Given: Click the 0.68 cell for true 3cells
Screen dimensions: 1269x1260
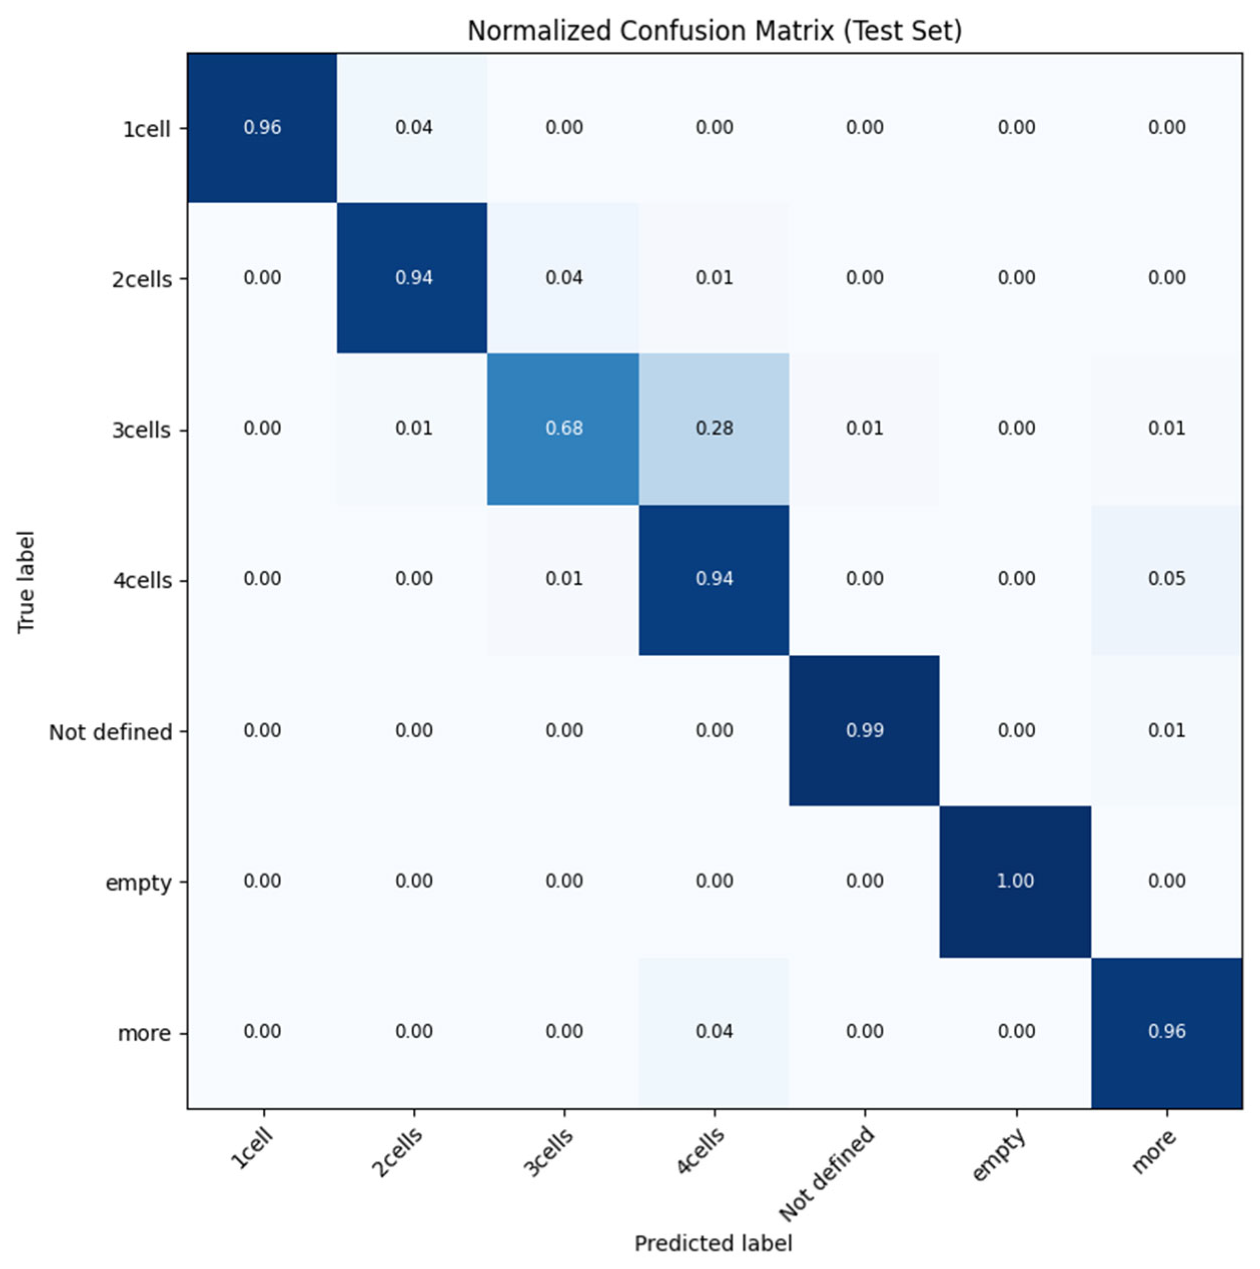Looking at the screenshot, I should pyautogui.click(x=564, y=428).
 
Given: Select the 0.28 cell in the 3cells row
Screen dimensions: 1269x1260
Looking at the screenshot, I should pyautogui.click(x=714, y=428).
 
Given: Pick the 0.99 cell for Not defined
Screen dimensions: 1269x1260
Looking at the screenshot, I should pyautogui.click(x=865, y=730).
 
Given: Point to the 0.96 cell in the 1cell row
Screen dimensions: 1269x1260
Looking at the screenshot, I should pyautogui.click(x=262, y=128).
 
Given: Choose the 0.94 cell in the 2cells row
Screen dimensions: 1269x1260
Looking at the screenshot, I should pyautogui.click(x=413, y=278).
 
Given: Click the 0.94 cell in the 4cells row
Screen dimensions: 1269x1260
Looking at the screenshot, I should pyautogui.click(x=714, y=579).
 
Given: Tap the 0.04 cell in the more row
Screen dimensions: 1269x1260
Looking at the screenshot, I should pyautogui.click(x=714, y=1031).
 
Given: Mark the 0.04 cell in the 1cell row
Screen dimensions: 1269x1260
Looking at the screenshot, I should pyautogui.click(x=413, y=128).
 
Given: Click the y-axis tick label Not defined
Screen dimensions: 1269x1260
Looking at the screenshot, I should pyautogui.click(x=110, y=732).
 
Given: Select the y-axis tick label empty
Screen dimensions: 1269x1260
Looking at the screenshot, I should pyautogui.click(x=138, y=883).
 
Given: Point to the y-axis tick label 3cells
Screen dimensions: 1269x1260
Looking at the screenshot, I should pyautogui.click(x=141, y=430).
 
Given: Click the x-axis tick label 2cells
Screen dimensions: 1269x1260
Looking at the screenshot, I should pyautogui.click(x=397, y=1153).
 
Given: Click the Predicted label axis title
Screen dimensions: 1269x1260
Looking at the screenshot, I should pyautogui.click(x=713, y=1243).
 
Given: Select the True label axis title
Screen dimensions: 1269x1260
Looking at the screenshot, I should pyautogui.click(x=26, y=582).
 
